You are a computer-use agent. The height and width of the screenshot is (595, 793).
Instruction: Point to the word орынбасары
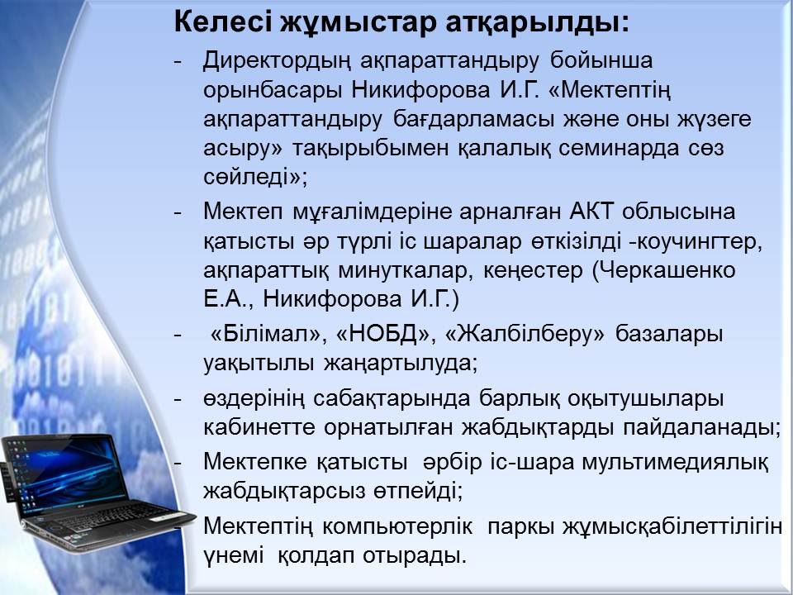271,91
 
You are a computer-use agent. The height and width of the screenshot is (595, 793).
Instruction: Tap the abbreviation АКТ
591,211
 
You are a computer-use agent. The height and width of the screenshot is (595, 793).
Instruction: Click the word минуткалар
406,271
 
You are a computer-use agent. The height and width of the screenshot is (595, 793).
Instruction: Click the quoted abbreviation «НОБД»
386,335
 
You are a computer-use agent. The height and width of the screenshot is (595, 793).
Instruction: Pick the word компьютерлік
397,526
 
